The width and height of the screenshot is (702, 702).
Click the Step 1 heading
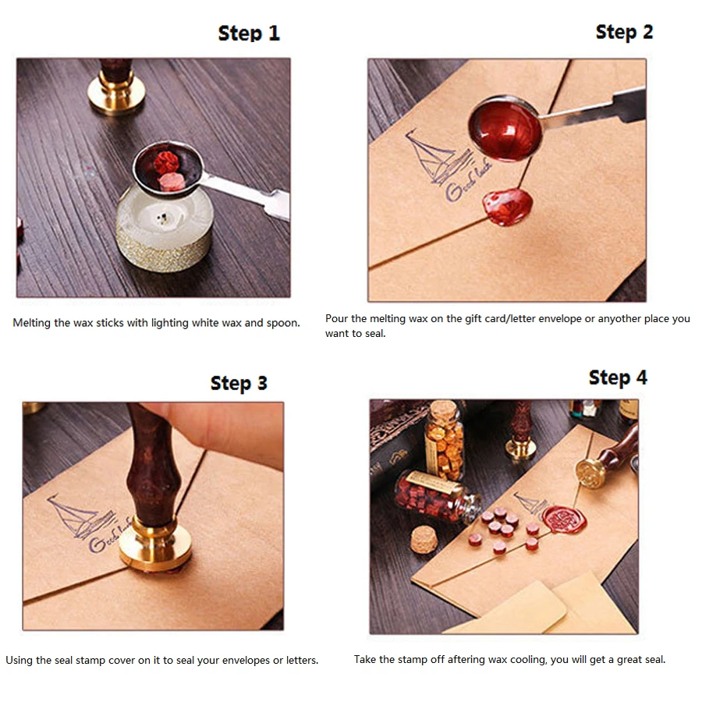pyautogui.click(x=249, y=33)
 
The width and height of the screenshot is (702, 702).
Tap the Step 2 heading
pyautogui.click(x=624, y=32)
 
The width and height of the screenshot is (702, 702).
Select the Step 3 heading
pyautogui.click(x=239, y=383)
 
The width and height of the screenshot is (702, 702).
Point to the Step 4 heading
pyautogui.click(x=618, y=378)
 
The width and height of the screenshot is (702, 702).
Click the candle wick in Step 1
pyautogui.click(x=161, y=218)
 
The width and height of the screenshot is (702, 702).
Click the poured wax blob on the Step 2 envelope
pyautogui.click(x=508, y=207)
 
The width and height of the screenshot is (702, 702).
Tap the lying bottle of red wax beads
pyautogui.click(x=437, y=496)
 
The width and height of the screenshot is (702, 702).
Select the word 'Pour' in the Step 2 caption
pyautogui.click(x=335, y=319)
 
